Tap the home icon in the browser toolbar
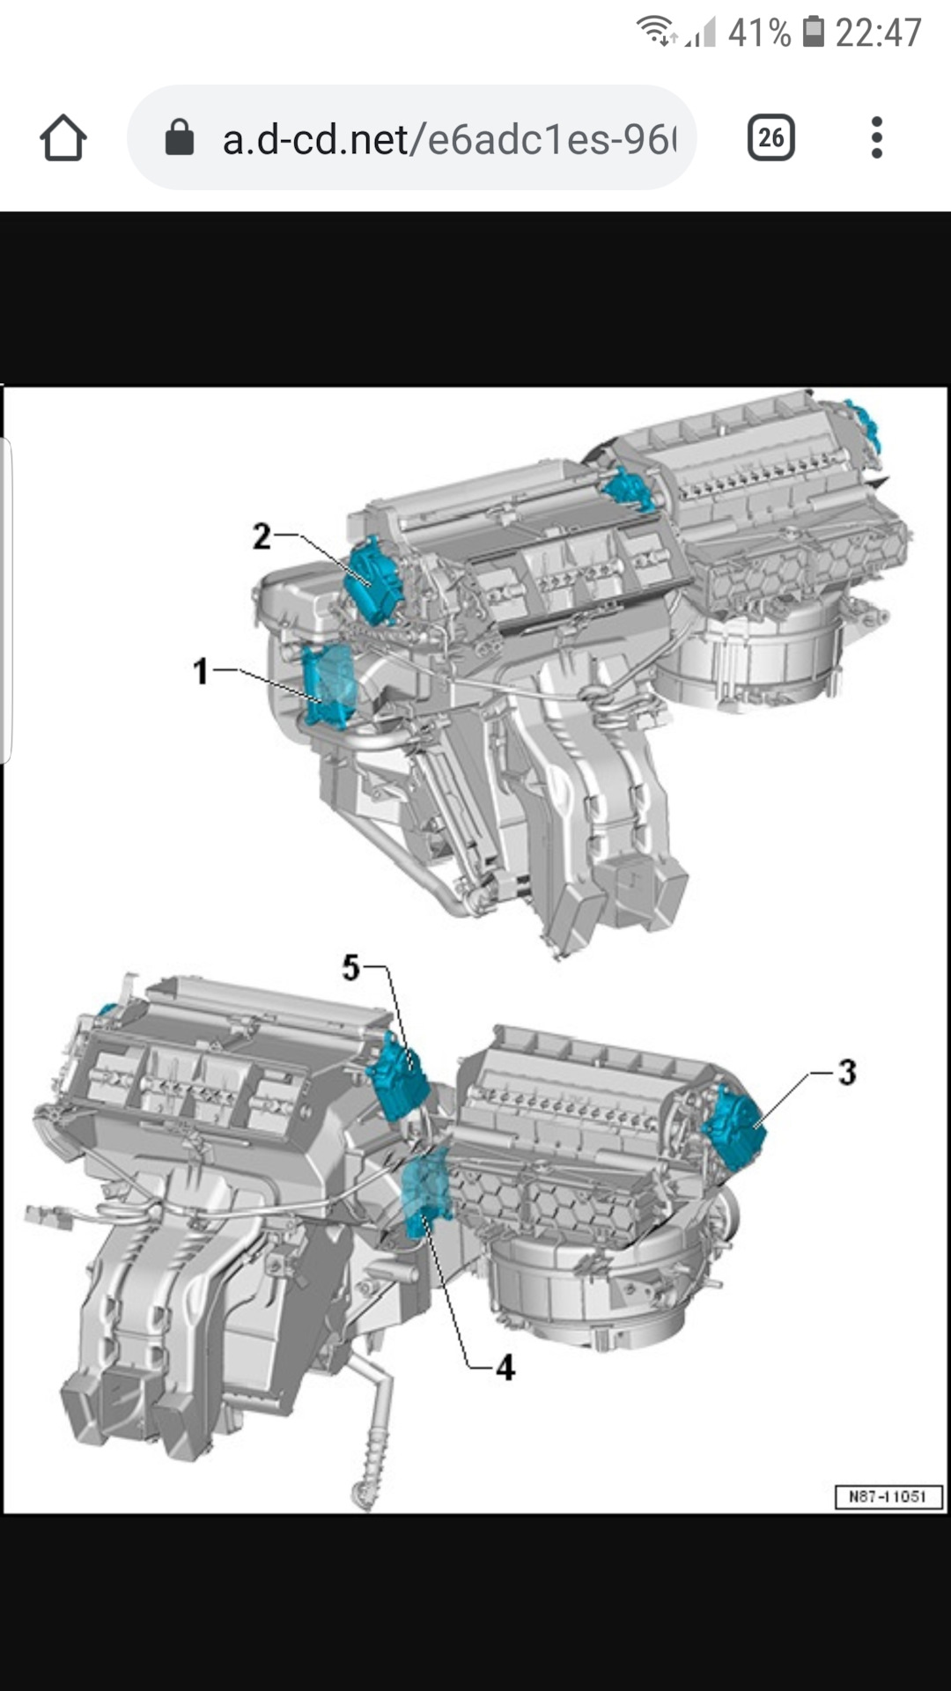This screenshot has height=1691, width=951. coord(63,138)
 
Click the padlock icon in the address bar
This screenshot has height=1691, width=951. coord(180,137)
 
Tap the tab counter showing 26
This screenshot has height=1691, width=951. coord(771,137)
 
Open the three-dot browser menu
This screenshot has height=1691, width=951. coord(876,137)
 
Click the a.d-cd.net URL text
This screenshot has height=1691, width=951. coord(449,139)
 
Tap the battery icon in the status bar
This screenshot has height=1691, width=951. coord(814,33)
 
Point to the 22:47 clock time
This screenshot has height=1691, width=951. coord(878,33)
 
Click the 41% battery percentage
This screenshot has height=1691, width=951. coord(760,33)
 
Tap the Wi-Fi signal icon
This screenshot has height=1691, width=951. coord(656,31)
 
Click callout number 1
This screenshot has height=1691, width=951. coord(201,672)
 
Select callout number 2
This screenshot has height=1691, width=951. coord(262,536)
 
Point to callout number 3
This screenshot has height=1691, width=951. coord(846,1073)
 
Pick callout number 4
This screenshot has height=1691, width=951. coord(505,1368)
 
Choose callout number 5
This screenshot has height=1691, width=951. coord(351,968)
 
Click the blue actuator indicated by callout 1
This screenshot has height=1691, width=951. coord(329,686)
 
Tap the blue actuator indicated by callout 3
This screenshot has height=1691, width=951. coord(734,1128)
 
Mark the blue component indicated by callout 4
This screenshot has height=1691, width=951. coord(428,1193)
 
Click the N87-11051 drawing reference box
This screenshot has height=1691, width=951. coord(888,1496)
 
